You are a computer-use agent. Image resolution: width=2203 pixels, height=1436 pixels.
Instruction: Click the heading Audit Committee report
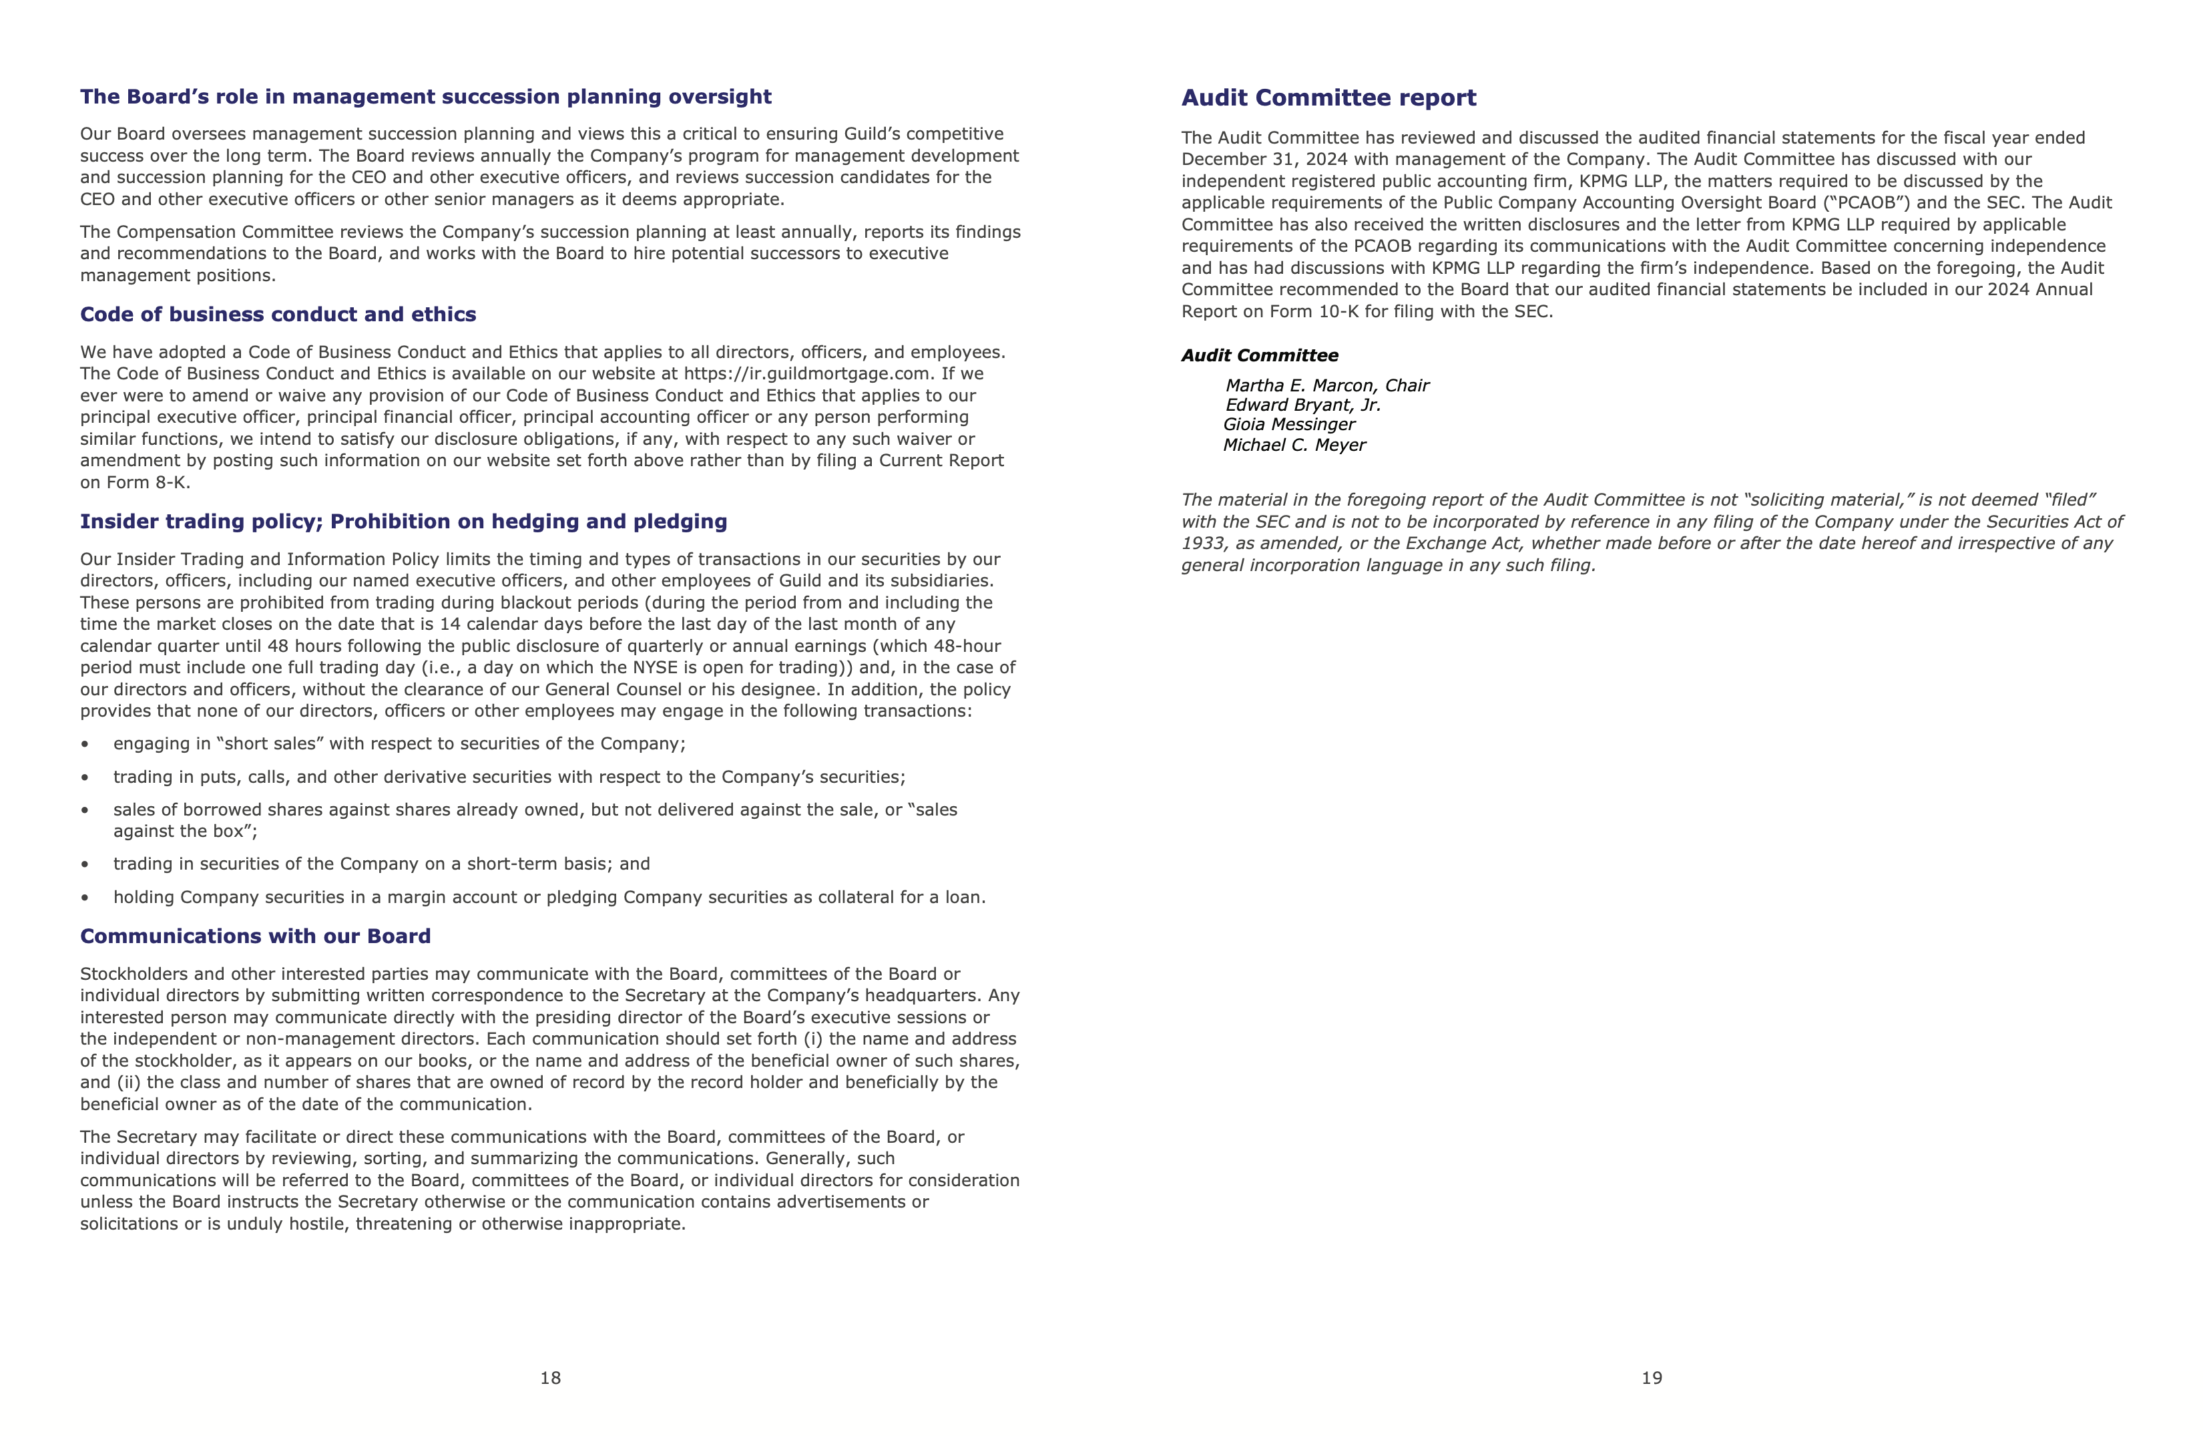(1328, 98)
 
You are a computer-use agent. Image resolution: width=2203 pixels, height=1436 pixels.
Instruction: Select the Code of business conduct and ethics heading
(278, 315)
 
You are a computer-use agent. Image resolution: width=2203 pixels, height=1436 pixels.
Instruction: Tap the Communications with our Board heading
(256, 936)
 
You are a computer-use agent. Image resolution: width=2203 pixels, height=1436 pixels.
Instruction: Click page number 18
(551, 1378)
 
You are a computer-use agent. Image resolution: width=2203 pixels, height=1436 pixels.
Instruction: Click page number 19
(1652, 1378)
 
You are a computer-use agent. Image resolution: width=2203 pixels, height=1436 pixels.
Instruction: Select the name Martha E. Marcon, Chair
(1326, 385)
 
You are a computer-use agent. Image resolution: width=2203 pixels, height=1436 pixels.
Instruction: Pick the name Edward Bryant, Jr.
(1302, 405)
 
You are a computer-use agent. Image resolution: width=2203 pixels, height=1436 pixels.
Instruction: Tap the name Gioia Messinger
(1288, 424)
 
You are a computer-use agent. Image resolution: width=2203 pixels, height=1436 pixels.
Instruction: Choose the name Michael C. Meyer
(1294, 445)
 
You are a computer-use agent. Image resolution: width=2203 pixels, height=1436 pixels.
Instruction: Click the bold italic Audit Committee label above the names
(1259, 355)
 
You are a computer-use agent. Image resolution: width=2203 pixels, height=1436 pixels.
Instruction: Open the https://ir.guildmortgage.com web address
(806, 374)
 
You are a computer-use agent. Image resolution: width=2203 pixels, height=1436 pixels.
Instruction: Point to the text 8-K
(172, 482)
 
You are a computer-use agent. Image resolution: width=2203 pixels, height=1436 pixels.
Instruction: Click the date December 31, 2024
(1264, 159)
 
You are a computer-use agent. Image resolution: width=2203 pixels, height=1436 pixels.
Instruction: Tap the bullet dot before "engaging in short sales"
(85, 745)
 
